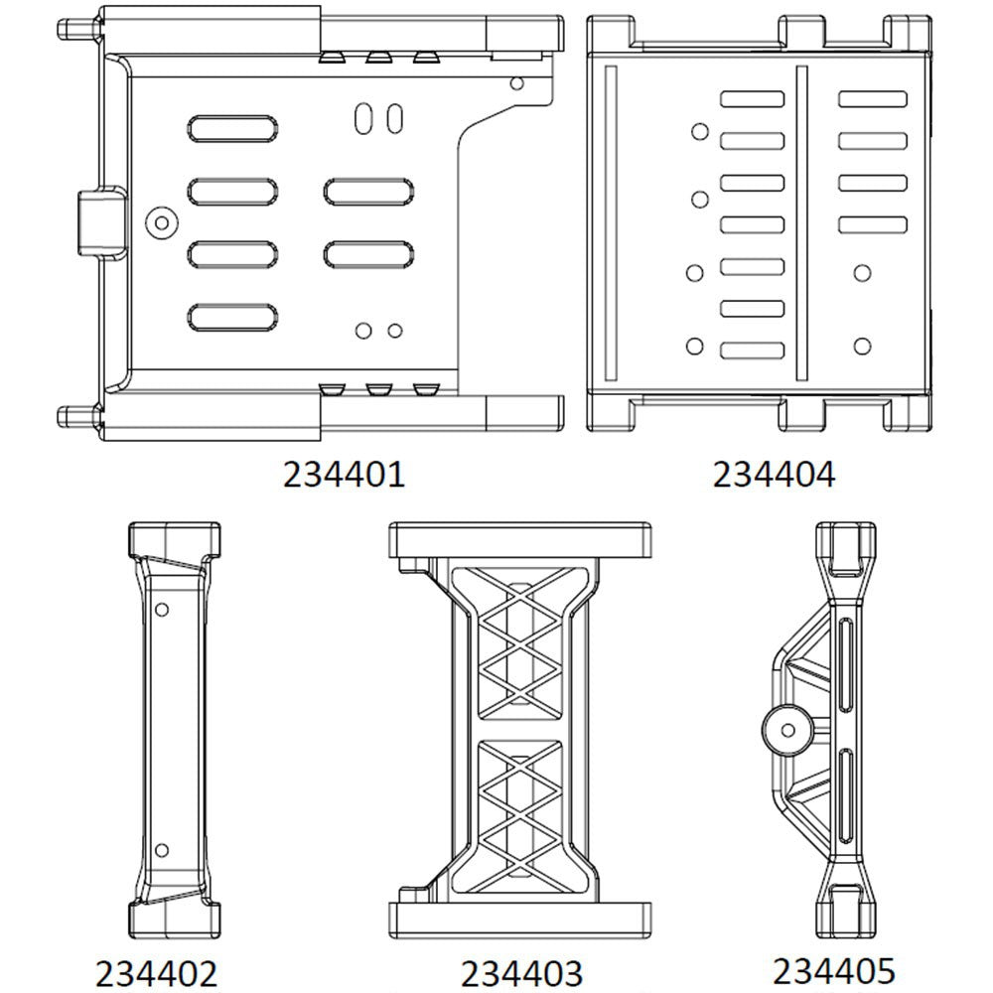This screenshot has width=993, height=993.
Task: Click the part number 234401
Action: (344, 474)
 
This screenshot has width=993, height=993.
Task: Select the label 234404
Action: (774, 474)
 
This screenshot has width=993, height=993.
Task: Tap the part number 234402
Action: (156, 970)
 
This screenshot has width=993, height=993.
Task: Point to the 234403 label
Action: (521, 971)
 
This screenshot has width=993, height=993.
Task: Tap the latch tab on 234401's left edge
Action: (97, 221)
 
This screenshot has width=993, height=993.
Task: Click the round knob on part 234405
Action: (789, 732)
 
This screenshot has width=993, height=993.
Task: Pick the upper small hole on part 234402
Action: (164, 607)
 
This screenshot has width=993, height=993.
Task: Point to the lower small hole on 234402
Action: (164, 849)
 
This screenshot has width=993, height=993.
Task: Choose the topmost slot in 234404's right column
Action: (872, 99)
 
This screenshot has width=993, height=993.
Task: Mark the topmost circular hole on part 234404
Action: (699, 131)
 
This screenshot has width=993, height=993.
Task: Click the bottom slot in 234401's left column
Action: (232, 317)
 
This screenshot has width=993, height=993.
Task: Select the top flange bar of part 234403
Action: (520, 540)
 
